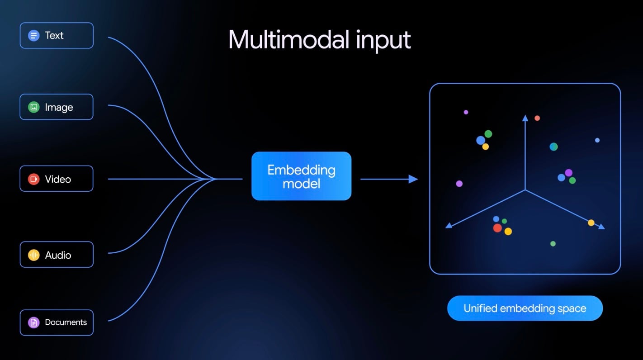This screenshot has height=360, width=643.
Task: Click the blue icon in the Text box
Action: tap(34, 35)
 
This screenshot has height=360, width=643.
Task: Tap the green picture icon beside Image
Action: tap(34, 107)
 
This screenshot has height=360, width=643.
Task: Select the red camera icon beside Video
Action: tap(34, 179)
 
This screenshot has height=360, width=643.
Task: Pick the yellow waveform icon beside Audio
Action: tap(34, 255)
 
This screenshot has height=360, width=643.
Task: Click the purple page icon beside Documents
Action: tap(34, 322)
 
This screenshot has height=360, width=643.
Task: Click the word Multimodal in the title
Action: tap(288, 40)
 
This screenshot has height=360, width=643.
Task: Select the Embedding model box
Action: tap(301, 176)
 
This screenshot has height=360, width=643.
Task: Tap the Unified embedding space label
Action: tap(525, 308)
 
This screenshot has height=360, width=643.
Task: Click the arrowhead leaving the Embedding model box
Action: tap(413, 179)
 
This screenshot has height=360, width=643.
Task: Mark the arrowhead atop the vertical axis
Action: tap(525, 118)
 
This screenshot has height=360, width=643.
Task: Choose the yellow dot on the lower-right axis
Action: tap(591, 223)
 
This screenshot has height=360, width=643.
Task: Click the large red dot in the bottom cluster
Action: tap(497, 228)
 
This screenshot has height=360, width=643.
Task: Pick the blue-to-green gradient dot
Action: tap(553, 147)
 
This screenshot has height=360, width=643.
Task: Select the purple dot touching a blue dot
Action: tap(569, 173)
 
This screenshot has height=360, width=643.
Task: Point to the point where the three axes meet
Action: tap(525, 190)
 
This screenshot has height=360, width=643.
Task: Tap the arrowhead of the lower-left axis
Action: tap(449, 225)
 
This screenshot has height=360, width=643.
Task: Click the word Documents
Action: tap(66, 322)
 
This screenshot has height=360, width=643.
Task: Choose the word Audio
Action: tap(58, 255)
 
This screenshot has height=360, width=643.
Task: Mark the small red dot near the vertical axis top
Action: tap(537, 118)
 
